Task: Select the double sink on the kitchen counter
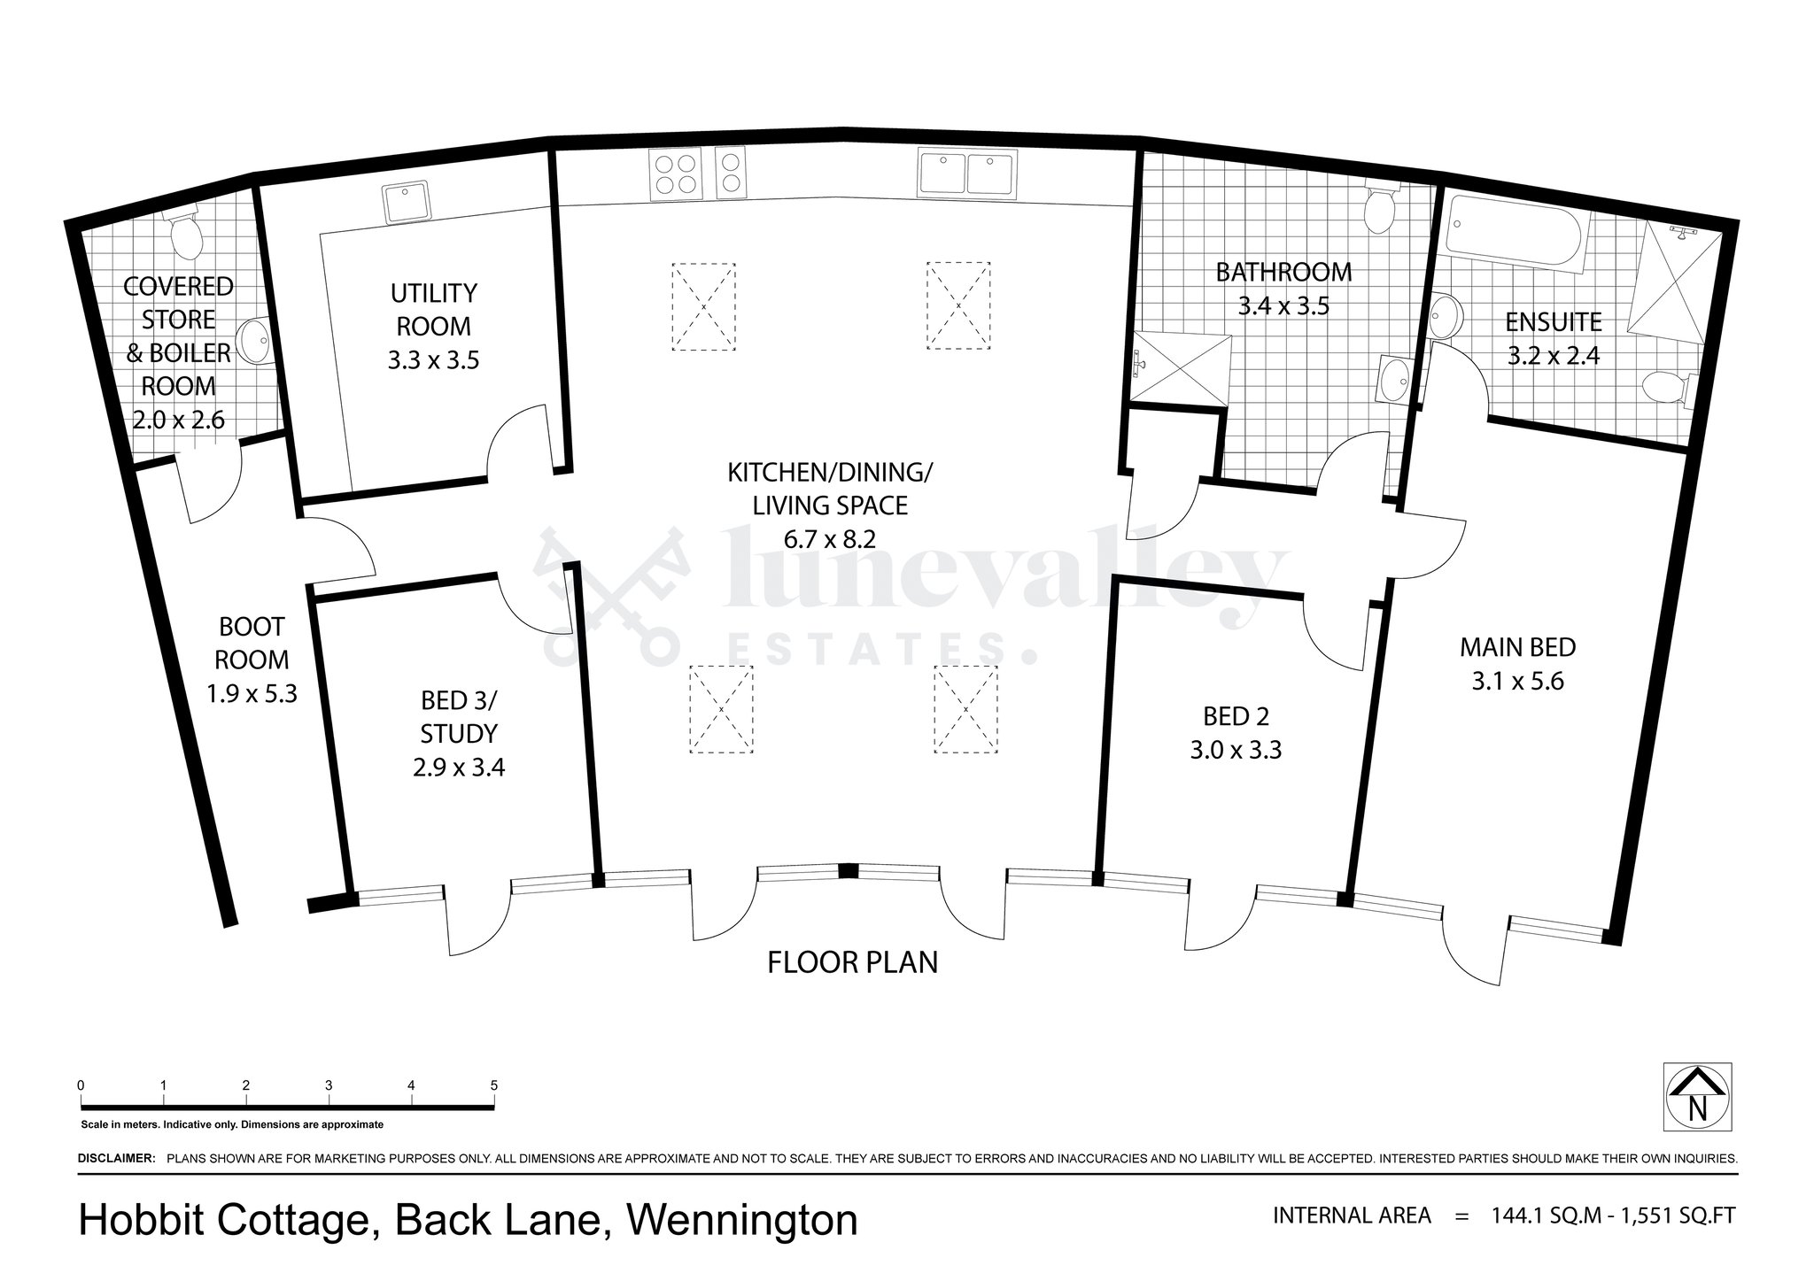click(966, 173)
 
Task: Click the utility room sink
click(407, 201)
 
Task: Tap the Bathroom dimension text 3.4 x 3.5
click(1283, 306)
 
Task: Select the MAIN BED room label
click(1517, 647)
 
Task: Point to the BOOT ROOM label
click(252, 643)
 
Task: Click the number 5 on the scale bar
click(493, 1085)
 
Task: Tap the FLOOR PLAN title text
click(852, 961)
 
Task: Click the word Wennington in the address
click(742, 1221)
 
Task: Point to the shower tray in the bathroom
click(1182, 368)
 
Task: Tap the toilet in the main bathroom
click(1379, 208)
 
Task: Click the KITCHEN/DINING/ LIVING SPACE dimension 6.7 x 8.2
click(829, 538)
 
